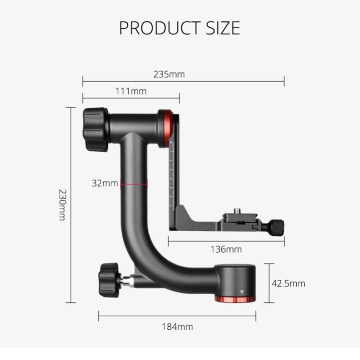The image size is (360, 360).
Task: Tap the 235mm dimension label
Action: click(169, 74)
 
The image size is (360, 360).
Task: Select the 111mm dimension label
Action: click(131, 91)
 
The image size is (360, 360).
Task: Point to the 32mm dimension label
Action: click(105, 183)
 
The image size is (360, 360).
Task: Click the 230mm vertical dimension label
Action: click(61, 204)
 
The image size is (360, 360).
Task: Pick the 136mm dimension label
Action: click(226, 249)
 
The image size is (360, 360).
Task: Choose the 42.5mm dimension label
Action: click(288, 283)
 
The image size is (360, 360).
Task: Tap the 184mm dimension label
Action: click(177, 327)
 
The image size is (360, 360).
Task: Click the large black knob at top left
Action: click(95, 129)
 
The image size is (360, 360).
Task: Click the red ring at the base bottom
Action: click(236, 300)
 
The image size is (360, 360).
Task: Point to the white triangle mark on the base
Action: click(242, 291)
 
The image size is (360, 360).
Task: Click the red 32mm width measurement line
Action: click(134, 183)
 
